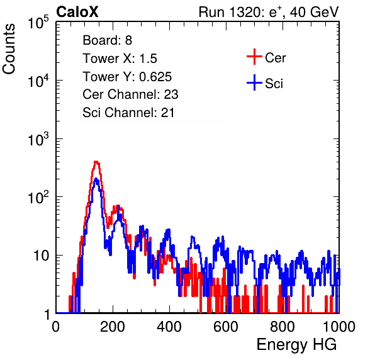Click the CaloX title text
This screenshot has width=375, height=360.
click(x=77, y=12)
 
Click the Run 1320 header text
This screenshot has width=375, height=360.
click(x=269, y=12)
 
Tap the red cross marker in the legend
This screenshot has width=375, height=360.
click(x=254, y=57)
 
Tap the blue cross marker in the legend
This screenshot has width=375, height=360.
click(x=254, y=82)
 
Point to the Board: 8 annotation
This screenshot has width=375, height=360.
click(x=108, y=40)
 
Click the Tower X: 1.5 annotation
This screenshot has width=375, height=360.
click(x=120, y=59)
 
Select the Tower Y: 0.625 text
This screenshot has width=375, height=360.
click(x=127, y=77)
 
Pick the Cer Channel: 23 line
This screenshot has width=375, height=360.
click(x=130, y=94)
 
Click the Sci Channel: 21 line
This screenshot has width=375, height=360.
click(x=128, y=113)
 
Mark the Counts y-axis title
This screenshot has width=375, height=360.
click(x=9, y=49)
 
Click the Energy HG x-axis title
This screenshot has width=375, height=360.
click(x=296, y=345)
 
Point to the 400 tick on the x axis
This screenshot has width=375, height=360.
click(x=169, y=327)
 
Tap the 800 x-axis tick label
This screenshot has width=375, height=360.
click(x=283, y=327)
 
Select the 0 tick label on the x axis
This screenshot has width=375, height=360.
click(x=56, y=327)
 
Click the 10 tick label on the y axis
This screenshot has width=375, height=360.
click(x=42, y=256)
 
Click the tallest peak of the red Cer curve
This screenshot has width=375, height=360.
click(x=96, y=162)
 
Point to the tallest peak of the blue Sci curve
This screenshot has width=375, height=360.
click(x=96, y=179)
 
